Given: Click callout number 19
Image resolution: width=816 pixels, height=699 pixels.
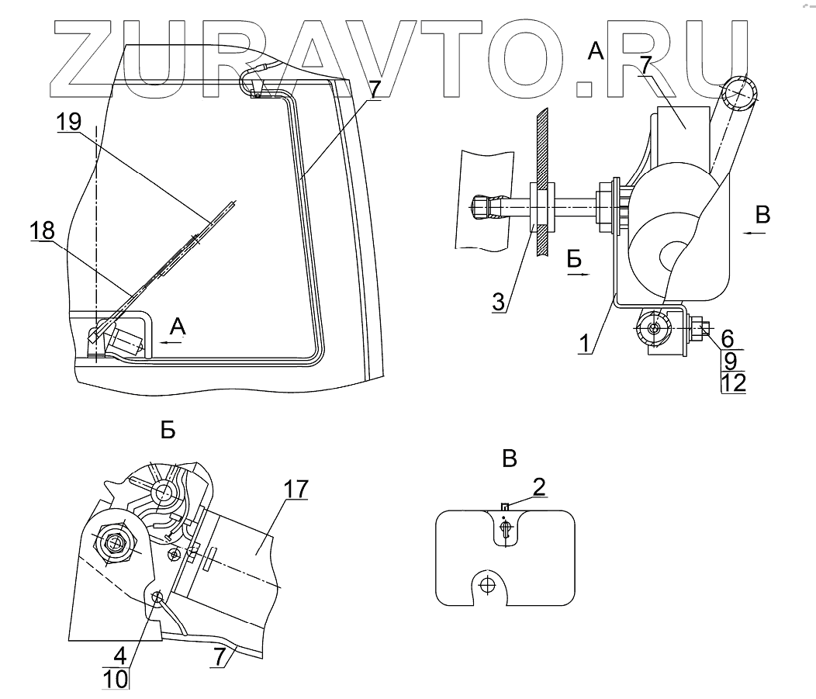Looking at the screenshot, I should click(69, 122).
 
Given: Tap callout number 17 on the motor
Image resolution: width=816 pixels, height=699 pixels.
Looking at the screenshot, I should click(296, 490).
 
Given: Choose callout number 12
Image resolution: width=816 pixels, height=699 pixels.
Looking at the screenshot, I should click(733, 383).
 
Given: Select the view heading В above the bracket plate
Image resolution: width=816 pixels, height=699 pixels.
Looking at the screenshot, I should click(508, 459).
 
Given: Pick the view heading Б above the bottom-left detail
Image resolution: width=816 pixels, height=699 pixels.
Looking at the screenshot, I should click(168, 431).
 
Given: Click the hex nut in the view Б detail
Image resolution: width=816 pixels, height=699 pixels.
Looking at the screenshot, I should click(116, 542).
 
